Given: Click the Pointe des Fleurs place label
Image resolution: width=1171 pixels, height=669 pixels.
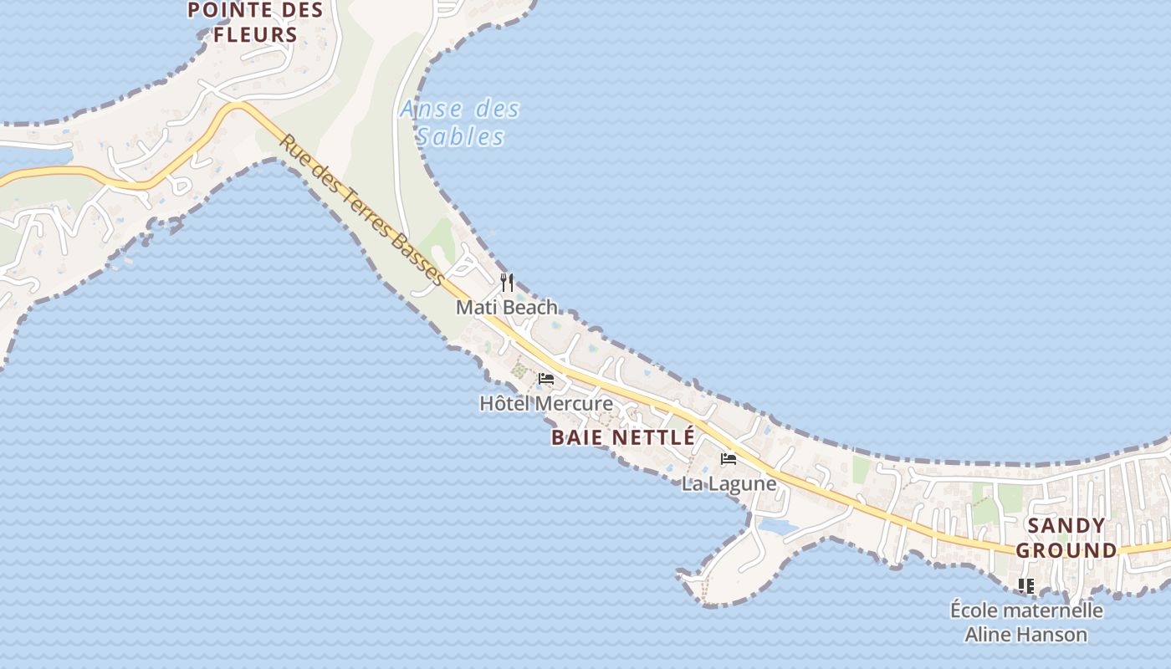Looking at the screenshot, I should point(255,23).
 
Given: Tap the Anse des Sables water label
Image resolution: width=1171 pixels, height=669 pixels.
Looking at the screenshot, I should point(460,123).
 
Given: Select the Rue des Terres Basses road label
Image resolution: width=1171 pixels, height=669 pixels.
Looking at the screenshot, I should point(362,209).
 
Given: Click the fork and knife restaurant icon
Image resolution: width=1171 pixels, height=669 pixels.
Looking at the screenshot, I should point(506,282).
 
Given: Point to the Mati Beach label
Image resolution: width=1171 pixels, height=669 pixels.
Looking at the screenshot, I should point(507,307).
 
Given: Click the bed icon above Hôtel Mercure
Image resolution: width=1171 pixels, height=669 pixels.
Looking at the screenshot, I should point(546,379).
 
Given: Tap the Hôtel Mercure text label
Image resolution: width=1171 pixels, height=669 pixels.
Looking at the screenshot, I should point(545,404).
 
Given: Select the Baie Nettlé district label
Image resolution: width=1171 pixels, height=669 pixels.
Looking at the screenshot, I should point(623,437).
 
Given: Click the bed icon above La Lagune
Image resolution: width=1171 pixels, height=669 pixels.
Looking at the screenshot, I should point(729,459).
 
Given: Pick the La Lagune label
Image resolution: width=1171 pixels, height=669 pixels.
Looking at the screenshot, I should point(729,483).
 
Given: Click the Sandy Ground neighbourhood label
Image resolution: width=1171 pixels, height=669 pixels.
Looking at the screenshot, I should point(1066,538).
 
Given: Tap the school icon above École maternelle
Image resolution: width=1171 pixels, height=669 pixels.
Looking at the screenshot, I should point(1026,585).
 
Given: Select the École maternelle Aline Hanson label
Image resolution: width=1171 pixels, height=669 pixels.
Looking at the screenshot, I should point(1026,622).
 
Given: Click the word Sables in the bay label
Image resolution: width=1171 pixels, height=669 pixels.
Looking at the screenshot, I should point(460,136).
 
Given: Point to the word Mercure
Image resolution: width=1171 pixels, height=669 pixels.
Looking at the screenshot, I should point(574,404).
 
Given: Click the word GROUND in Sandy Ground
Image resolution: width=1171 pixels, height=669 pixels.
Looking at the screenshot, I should point(1066,550).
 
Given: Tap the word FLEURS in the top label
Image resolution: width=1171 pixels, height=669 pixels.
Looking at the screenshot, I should point(255,34).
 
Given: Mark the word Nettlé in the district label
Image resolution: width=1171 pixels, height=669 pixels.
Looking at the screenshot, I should point(653,437).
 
